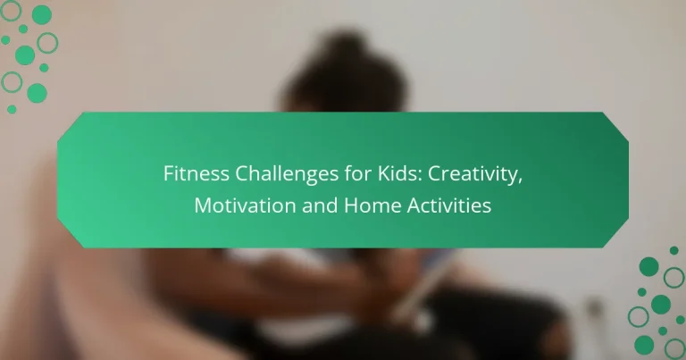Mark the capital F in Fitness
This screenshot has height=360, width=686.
point(168,174)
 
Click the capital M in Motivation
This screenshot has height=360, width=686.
point(201,205)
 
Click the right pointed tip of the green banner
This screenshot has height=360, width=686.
point(629,179)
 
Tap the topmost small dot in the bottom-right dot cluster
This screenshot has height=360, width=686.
point(673,250)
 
